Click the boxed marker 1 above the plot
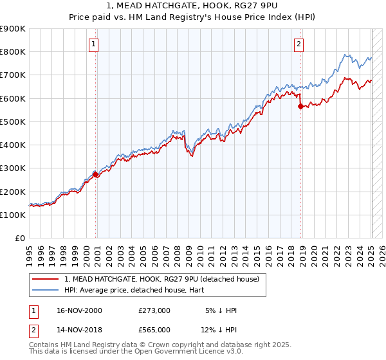(94, 44)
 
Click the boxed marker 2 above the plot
(299, 44)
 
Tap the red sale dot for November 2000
(96, 174)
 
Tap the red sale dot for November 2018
(300, 107)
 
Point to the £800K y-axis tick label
(13, 52)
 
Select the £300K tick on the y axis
(13, 168)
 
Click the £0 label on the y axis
(19, 239)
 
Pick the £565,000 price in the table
(154, 330)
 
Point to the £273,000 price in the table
(154, 310)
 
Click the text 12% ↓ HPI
(219, 330)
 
